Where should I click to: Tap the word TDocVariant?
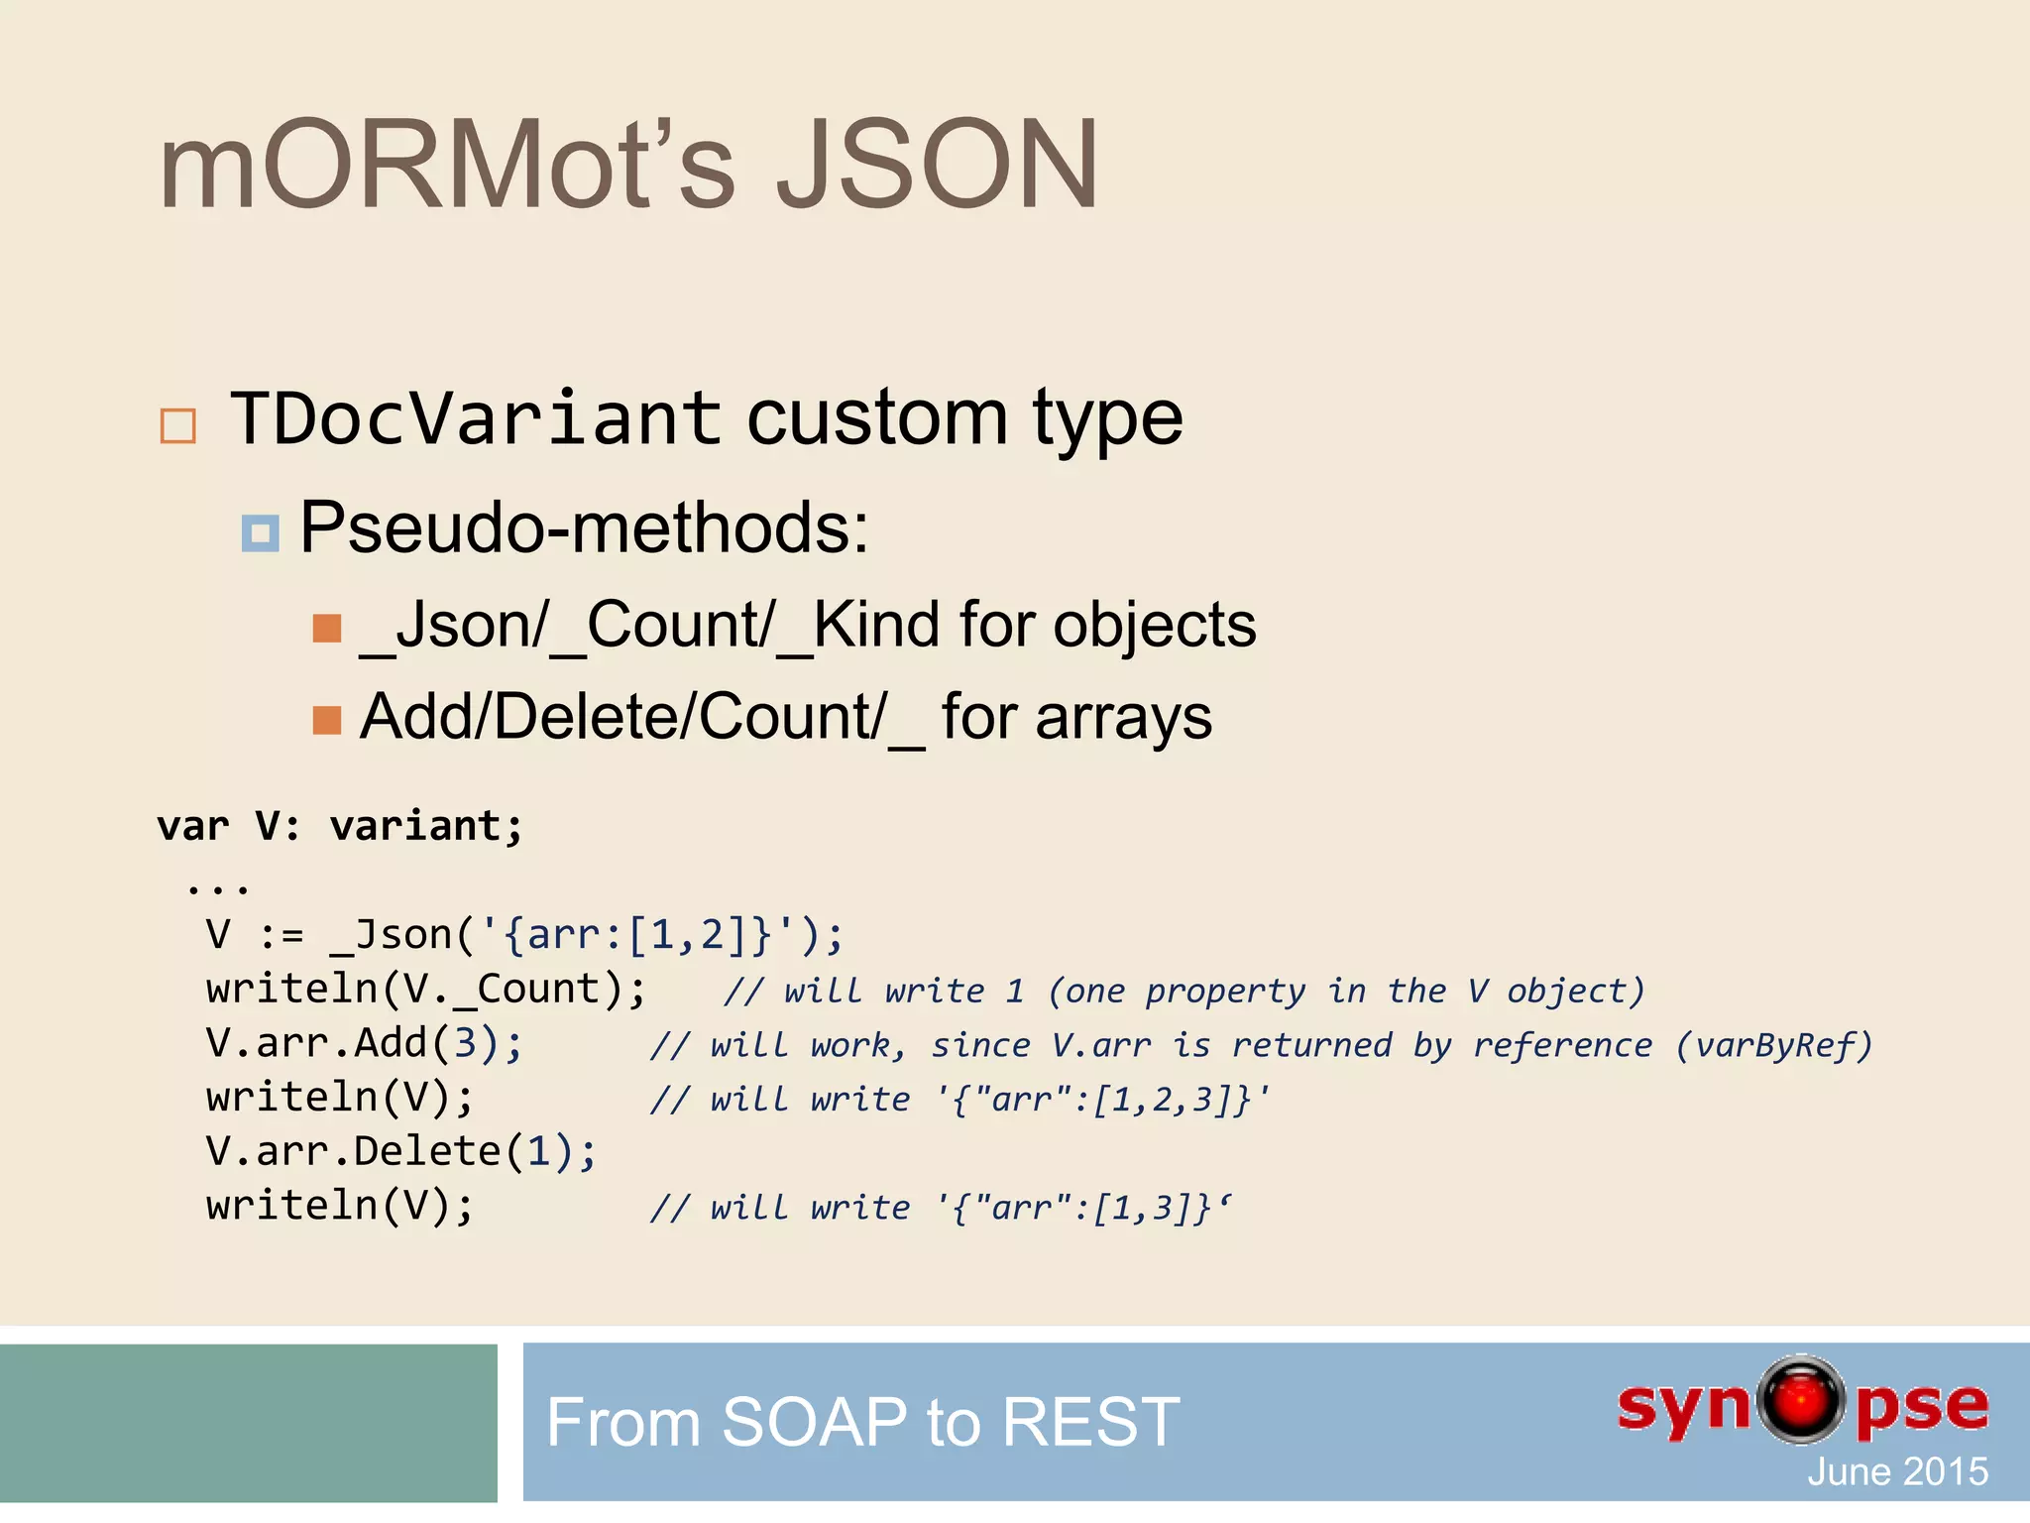click(476, 418)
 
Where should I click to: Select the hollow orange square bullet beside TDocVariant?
click(178, 426)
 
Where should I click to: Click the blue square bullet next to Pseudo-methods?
click(260, 533)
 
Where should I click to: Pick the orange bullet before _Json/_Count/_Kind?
click(326, 629)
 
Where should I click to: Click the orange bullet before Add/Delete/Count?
click(326, 720)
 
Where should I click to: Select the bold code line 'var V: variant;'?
click(339, 826)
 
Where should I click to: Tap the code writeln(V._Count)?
click(426, 990)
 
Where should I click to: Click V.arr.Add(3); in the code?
click(364, 1043)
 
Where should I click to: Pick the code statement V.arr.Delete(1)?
click(400, 1151)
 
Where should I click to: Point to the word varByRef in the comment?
click(1773, 1045)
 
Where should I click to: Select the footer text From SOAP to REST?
click(862, 1422)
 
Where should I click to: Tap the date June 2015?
click(1896, 1471)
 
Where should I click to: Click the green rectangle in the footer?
click(248, 1423)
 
